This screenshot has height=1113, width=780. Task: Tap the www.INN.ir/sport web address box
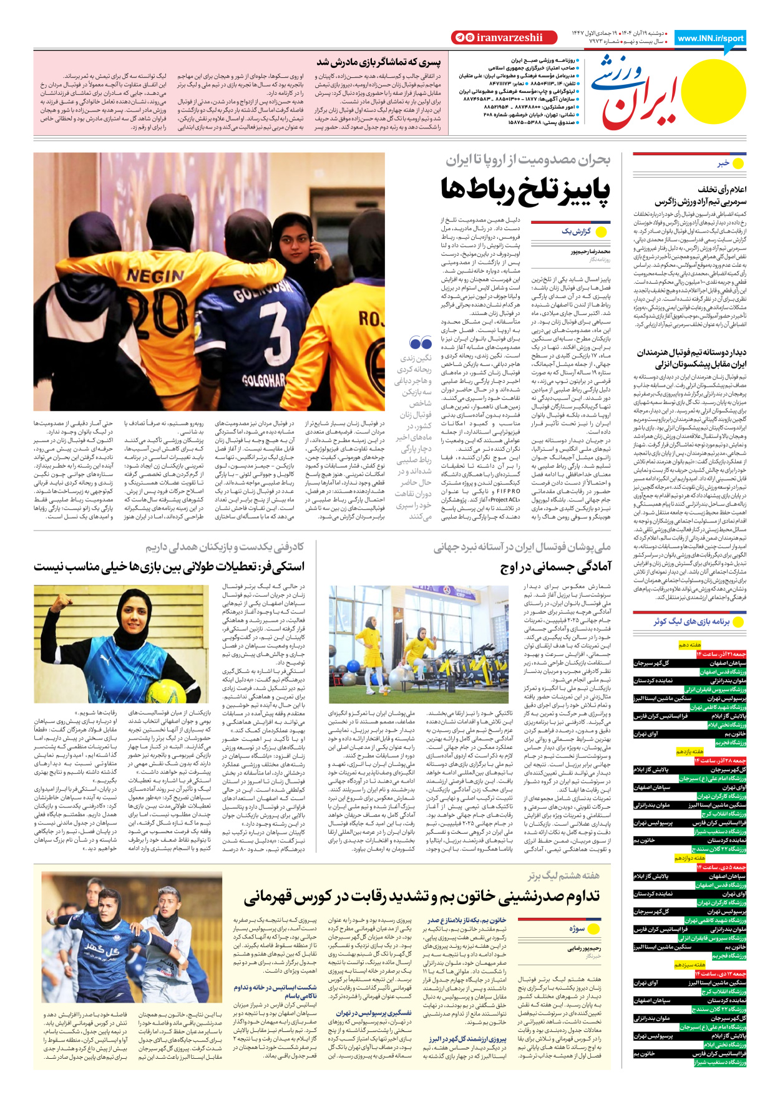pyautogui.click(x=710, y=38)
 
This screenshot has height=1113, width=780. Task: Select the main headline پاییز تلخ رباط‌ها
pyautogui.click(x=525, y=189)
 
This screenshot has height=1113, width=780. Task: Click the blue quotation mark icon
pyautogui.click(x=421, y=343)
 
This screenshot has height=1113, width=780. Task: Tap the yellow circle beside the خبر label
pyautogui.click(x=738, y=163)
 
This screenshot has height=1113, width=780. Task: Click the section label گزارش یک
pyautogui.click(x=576, y=231)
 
